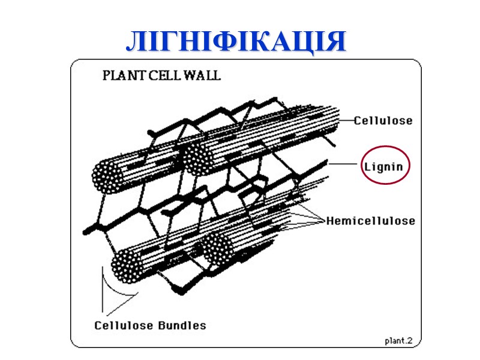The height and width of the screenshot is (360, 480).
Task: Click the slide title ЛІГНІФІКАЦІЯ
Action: (x=236, y=41)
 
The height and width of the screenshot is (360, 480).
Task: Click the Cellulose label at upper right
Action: (x=383, y=121)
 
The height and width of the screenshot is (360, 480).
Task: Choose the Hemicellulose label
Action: (x=370, y=221)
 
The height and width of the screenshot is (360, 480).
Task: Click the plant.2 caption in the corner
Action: (x=398, y=341)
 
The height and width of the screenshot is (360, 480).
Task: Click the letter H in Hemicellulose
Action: (x=330, y=221)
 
